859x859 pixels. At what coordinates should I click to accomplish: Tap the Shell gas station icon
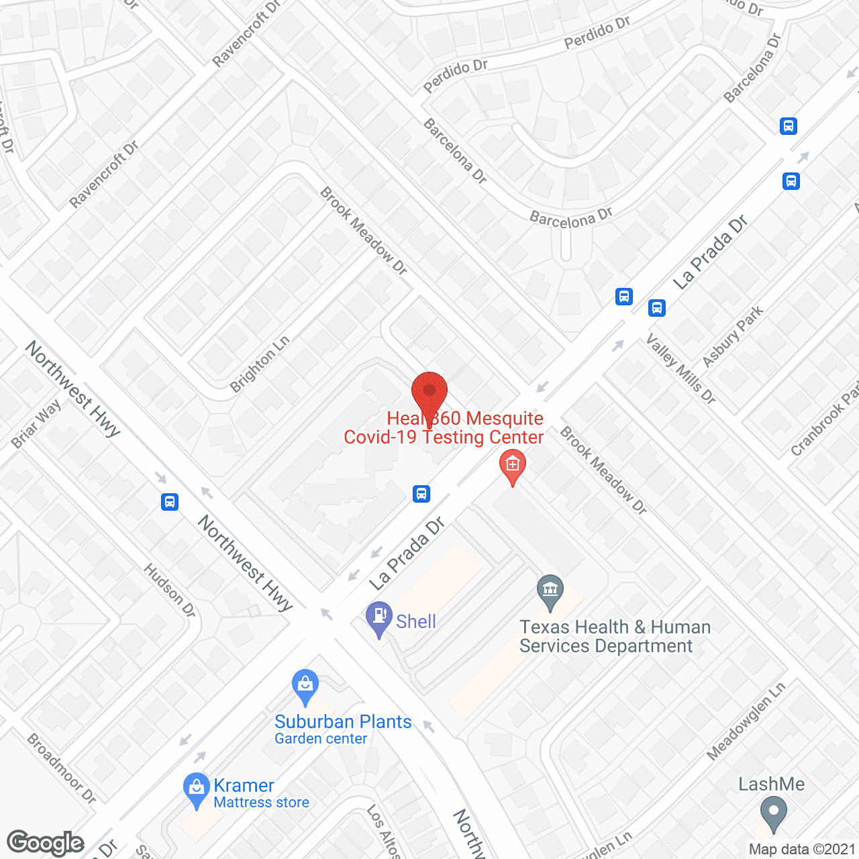tap(379, 617)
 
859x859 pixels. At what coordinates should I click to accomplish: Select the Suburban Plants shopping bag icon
tap(305, 685)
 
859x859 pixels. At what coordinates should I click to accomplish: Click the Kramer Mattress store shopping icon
tap(196, 789)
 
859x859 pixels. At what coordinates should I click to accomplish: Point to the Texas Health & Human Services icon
tap(550, 591)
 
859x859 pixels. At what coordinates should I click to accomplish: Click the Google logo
tap(46, 843)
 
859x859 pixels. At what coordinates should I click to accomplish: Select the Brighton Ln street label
tap(260, 364)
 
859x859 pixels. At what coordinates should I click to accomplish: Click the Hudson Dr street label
tap(170, 590)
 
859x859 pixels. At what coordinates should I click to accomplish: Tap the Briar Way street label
tap(36, 424)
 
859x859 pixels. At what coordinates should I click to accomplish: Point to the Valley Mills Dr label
tap(680, 369)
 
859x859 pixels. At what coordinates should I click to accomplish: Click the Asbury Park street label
tap(733, 336)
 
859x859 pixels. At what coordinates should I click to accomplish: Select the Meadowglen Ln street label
tap(746, 721)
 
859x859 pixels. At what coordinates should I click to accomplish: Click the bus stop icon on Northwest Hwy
tap(170, 501)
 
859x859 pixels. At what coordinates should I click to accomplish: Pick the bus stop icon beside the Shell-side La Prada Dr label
tap(421, 494)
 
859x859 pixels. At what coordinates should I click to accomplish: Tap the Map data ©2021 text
tap(802, 849)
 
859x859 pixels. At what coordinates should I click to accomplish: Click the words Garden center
tap(321, 739)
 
